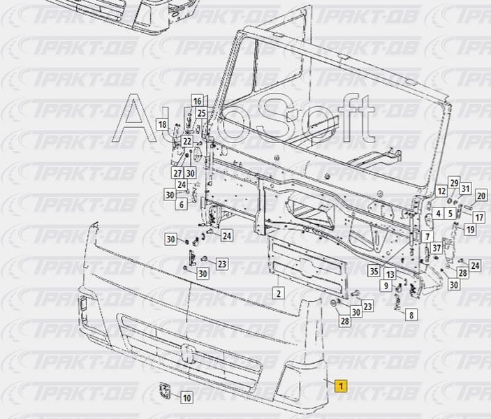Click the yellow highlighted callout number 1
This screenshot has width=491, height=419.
[x=341, y=385]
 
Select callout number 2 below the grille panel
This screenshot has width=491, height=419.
[x=278, y=293]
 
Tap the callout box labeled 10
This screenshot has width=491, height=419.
[x=186, y=398]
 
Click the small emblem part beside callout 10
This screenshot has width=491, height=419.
[x=166, y=391]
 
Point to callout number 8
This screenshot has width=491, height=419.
[x=411, y=316]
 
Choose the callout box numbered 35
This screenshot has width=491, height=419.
[x=374, y=272]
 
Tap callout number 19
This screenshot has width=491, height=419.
[x=471, y=229]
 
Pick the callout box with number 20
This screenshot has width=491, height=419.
[x=481, y=196]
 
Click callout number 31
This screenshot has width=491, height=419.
[x=466, y=188]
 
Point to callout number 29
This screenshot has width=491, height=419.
[x=454, y=183]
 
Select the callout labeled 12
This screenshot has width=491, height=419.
[x=441, y=191]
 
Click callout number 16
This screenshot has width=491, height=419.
[x=197, y=101]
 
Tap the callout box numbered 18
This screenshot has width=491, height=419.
[x=162, y=124]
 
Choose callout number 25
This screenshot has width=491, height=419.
[x=201, y=113]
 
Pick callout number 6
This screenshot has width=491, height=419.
[x=182, y=205]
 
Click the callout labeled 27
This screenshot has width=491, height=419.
[x=177, y=173]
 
